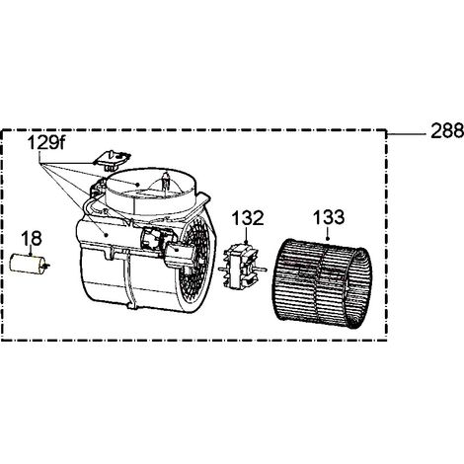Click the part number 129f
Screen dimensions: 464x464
point(46,143)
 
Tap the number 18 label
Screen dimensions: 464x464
point(32,238)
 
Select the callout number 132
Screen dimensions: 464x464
point(248,218)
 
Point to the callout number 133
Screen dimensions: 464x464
point(329,217)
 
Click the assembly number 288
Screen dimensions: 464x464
point(447,130)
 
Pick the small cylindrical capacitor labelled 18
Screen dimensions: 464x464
point(28,263)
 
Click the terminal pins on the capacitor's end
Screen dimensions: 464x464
point(47,265)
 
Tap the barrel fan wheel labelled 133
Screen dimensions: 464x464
point(322,280)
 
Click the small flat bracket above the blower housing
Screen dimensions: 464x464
point(113,160)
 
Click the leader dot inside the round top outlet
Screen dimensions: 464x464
point(138,184)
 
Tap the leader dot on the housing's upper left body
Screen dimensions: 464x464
point(106,235)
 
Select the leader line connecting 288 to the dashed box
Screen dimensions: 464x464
point(407,134)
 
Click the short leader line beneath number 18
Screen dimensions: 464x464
point(31,251)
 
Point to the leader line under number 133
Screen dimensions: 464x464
point(328,233)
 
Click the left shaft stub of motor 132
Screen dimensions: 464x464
point(221,270)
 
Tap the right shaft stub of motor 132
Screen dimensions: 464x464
point(263,270)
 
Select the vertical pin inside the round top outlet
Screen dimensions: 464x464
point(165,182)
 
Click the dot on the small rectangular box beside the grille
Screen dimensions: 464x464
point(178,251)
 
